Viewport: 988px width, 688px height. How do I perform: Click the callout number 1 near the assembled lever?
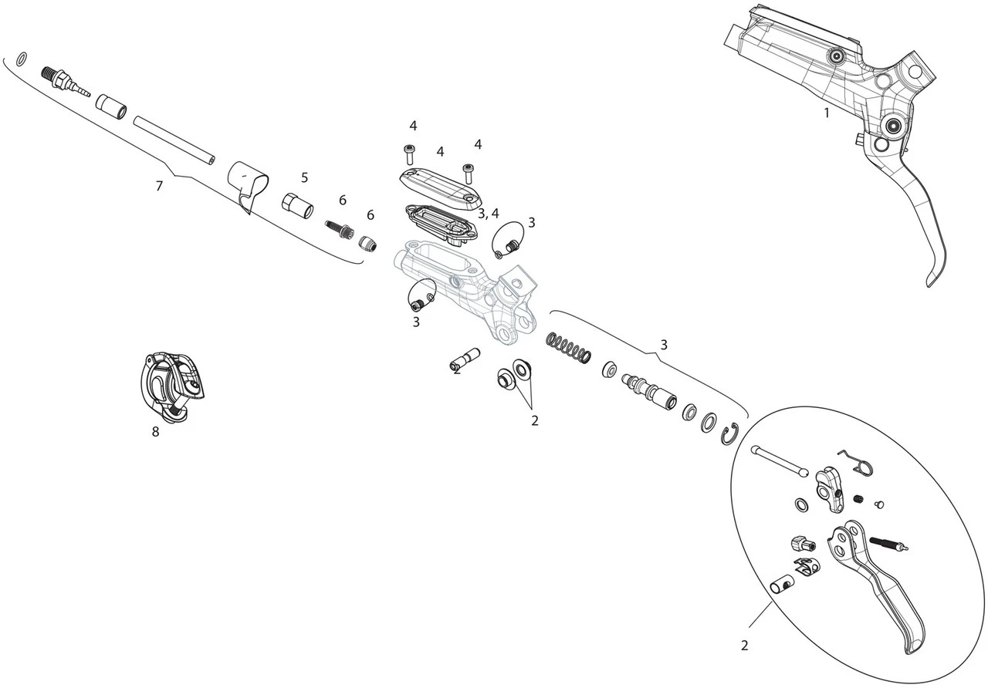point(826,113)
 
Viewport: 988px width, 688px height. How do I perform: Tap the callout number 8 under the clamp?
point(155,432)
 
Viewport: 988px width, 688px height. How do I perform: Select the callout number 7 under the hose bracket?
point(159,186)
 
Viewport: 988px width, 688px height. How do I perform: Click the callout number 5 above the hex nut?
point(304,177)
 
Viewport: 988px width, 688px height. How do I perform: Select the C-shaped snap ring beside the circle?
point(731,436)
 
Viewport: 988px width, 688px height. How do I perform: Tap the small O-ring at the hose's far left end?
point(23,57)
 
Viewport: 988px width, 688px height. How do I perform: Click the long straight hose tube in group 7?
point(174,139)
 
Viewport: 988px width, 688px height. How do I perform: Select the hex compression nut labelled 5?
point(297,206)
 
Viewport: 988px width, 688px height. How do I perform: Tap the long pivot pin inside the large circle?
point(779,460)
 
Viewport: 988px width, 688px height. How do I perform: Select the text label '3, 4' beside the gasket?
point(488,213)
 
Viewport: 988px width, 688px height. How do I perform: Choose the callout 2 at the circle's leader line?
point(744,646)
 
